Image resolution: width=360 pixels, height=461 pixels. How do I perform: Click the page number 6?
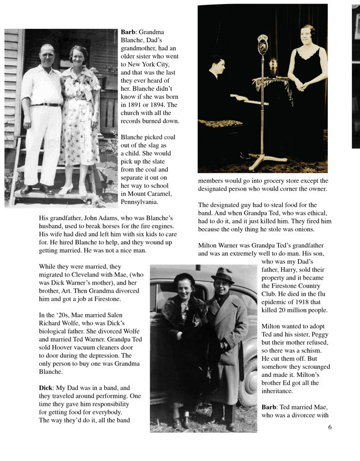click(x=330, y=427)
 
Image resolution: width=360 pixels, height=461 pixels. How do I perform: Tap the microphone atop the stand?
click(x=263, y=44)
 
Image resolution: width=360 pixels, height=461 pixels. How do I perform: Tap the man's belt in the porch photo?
click(x=46, y=104)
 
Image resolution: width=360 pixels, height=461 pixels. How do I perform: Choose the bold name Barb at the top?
click(x=127, y=33)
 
